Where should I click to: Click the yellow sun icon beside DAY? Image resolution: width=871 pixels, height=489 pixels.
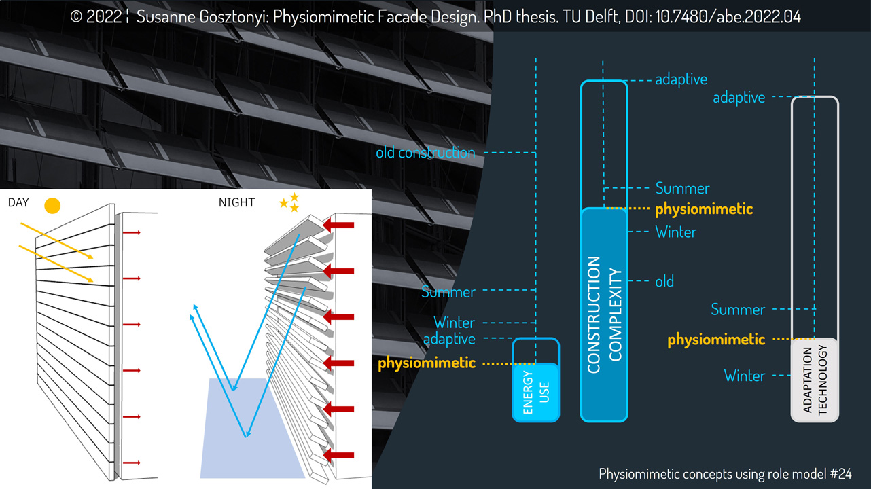pyautogui.click(x=52, y=205)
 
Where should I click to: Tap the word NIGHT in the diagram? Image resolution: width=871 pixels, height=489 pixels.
pyautogui.click(x=237, y=202)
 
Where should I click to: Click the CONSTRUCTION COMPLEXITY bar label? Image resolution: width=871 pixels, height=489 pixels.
pyautogui.click(x=604, y=314)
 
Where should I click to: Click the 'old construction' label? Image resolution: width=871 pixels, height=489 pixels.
pyautogui.click(x=425, y=152)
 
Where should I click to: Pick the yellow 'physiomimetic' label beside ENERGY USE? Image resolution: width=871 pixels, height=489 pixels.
pyautogui.click(x=427, y=363)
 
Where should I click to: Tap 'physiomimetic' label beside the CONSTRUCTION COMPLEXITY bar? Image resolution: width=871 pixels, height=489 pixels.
pyautogui.click(x=704, y=209)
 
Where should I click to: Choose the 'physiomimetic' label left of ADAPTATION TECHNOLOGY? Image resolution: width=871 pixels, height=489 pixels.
pyautogui.click(x=716, y=339)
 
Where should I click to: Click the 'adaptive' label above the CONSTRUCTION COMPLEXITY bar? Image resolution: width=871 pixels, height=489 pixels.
pyautogui.click(x=681, y=79)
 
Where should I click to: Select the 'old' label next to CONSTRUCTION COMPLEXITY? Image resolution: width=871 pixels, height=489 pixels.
pyautogui.click(x=664, y=280)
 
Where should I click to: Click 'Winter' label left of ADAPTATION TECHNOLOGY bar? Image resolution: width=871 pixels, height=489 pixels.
pyautogui.click(x=744, y=376)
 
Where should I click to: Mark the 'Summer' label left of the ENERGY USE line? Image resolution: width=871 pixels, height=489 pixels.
pyautogui.click(x=448, y=293)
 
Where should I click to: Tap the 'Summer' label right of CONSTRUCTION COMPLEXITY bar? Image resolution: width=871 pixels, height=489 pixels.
pyautogui.click(x=682, y=188)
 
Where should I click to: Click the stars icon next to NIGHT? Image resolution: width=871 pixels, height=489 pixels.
pyautogui.click(x=290, y=202)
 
